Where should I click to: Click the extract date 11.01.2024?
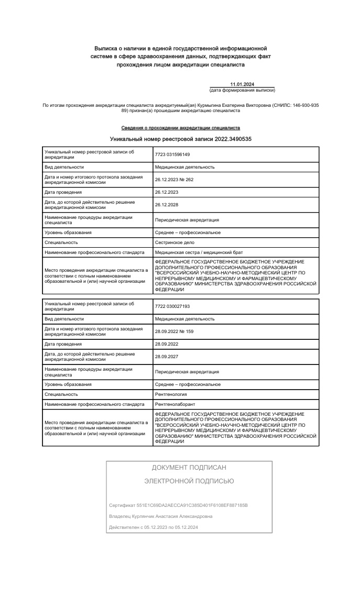click(x=242, y=84)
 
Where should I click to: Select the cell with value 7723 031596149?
click(x=172, y=154)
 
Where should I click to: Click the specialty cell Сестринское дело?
click(x=175, y=242)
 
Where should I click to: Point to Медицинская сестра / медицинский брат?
click(x=199, y=253)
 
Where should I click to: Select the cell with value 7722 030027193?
click(x=172, y=306)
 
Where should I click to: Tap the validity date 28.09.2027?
click(x=167, y=357)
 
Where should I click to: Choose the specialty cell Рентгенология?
click(x=171, y=394)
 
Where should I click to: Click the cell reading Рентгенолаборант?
click(x=175, y=404)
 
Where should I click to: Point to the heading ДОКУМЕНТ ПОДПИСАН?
click(x=189, y=468)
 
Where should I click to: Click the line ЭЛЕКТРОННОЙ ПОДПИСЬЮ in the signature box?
click(x=189, y=481)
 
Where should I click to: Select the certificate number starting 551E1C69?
click(x=178, y=505)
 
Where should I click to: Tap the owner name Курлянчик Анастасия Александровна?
click(x=161, y=516)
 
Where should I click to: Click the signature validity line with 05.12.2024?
click(x=154, y=527)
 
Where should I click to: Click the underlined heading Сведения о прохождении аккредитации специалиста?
click(x=181, y=128)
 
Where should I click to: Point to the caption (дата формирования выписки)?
click(x=242, y=90)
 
